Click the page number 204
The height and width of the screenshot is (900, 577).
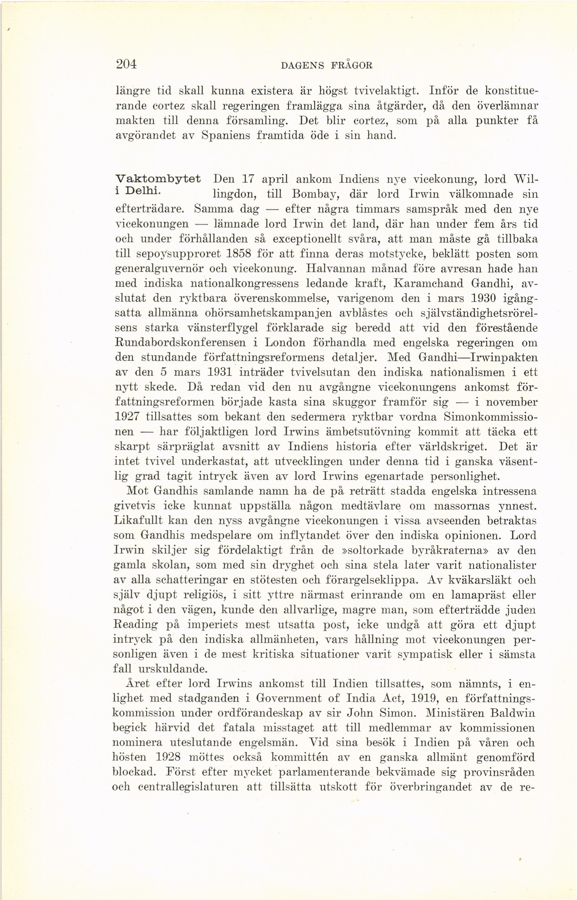pyautogui.click(x=126, y=64)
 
